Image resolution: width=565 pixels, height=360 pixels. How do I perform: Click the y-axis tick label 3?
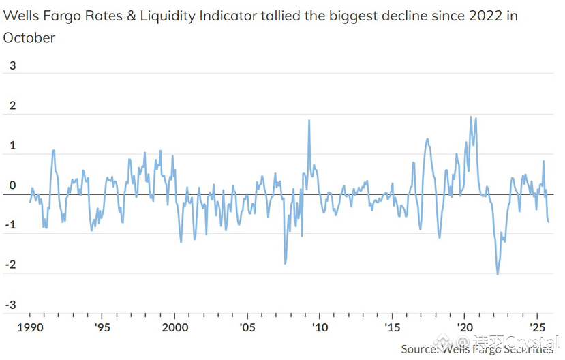(x=12, y=66)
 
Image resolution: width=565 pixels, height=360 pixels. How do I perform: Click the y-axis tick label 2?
(x=12, y=106)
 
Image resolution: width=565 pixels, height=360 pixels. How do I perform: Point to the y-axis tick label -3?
(x=10, y=305)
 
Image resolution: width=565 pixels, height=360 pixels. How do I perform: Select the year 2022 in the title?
(x=475, y=16)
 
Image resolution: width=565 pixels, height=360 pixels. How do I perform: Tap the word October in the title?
(x=29, y=38)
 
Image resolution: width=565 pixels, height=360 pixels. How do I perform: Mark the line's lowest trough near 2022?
(x=498, y=274)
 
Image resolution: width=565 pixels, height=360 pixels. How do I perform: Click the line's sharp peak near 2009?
(x=309, y=121)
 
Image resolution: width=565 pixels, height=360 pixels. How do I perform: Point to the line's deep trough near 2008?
(x=284, y=263)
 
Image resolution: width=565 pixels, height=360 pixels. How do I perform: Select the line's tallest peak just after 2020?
(x=471, y=117)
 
